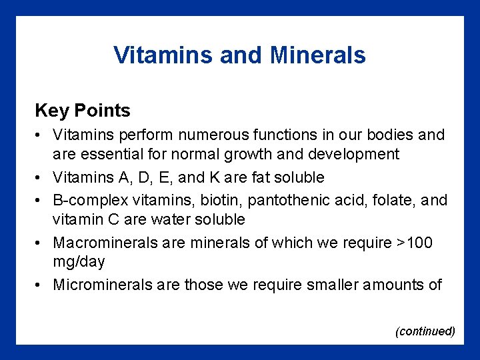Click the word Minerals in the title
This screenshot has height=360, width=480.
pos(318,55)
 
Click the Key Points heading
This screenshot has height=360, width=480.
pos(83,110)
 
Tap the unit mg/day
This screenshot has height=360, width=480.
pos(79,261)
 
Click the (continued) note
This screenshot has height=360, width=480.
pos(425,331)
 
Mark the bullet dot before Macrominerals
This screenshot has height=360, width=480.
pos(40,243)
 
